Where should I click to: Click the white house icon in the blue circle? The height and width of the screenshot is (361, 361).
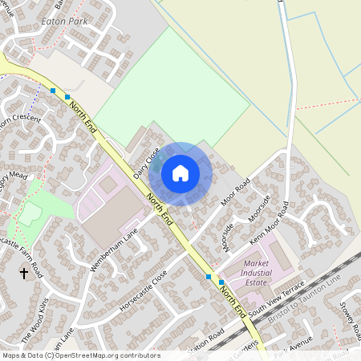point(180,172)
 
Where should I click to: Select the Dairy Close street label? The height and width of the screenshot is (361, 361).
point(147,162)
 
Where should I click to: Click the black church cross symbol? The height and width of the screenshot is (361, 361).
point(23,274)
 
